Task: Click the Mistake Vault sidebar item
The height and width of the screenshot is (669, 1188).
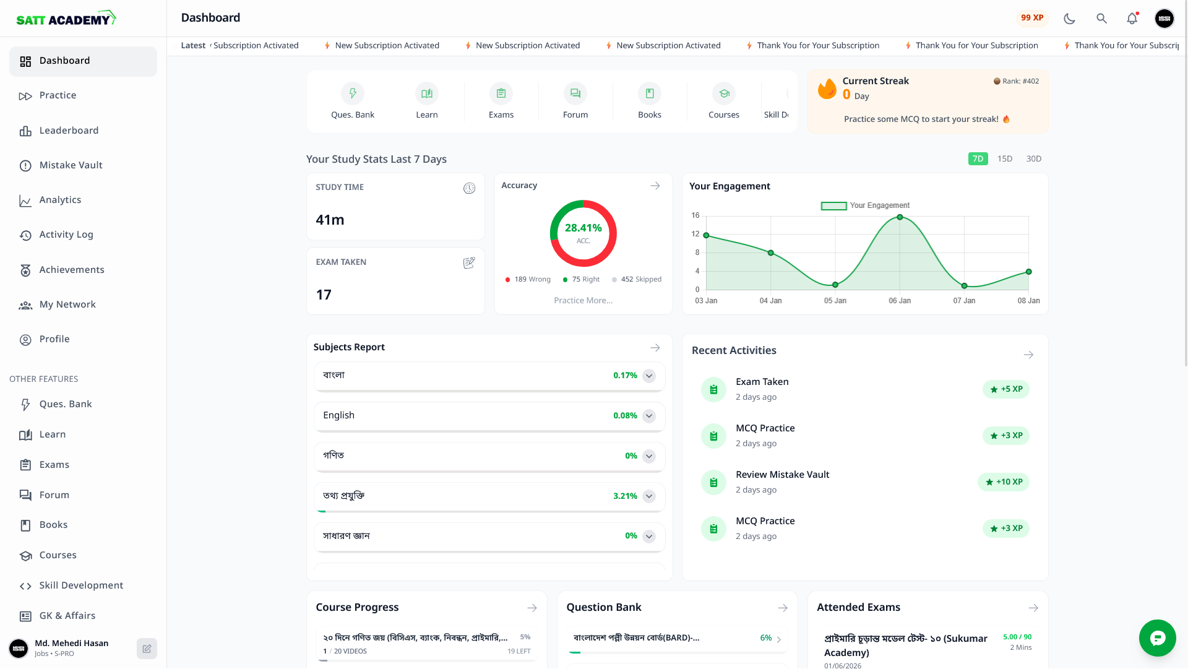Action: (71, 165)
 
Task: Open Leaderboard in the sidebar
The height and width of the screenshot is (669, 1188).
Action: (69, 131)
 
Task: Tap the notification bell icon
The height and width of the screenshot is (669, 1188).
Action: (1132, 19)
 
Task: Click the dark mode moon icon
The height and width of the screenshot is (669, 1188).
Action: (1069, 19)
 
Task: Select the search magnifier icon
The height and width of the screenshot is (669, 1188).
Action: (1101, 19)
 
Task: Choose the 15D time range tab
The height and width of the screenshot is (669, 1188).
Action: (1004, 159)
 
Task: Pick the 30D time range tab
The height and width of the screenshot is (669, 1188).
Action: (1033, 159)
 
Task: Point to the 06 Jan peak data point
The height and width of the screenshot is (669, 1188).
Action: (900, 217)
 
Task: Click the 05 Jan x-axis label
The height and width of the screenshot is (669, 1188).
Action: (835, 301)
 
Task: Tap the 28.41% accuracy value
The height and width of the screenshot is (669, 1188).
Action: (583, 228)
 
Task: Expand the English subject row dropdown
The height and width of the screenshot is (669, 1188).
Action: (649, 416)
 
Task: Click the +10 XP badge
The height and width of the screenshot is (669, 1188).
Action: (1004, 482)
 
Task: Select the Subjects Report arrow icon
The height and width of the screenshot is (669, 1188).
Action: (655, 348)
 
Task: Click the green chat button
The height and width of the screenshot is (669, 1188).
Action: (1157, 638)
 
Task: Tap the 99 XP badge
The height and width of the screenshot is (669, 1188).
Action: (1031, 18)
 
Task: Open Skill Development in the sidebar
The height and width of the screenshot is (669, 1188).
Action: (81, 585)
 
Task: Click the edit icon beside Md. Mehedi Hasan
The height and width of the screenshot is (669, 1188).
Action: (147, 649)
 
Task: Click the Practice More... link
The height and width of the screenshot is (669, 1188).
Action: (583, 301)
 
